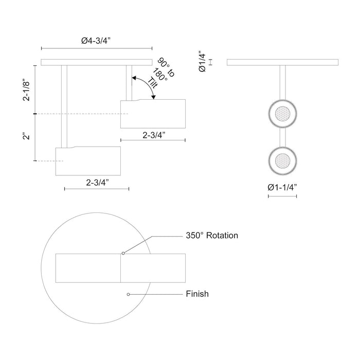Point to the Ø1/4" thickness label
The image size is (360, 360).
204,62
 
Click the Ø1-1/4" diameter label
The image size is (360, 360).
282,187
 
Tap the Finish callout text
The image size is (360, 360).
197,294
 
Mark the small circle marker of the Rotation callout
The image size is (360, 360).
123,253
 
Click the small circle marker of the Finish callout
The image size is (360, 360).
129,294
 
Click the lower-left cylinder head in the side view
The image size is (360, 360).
88,161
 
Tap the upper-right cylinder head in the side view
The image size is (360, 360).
153,113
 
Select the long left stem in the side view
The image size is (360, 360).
64,106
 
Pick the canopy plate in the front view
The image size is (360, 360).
282,63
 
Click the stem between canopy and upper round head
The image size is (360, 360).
282,81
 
